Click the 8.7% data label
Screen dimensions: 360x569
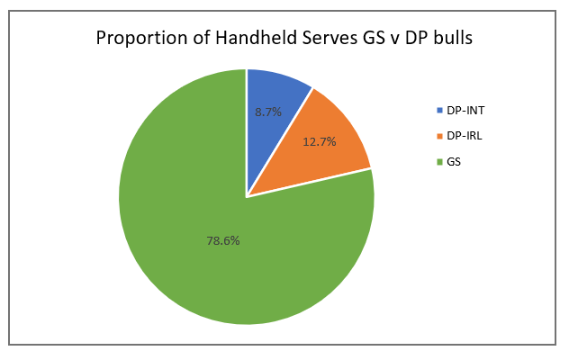(x=268, y=112)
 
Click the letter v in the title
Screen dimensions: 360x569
(x=382, y=40)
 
